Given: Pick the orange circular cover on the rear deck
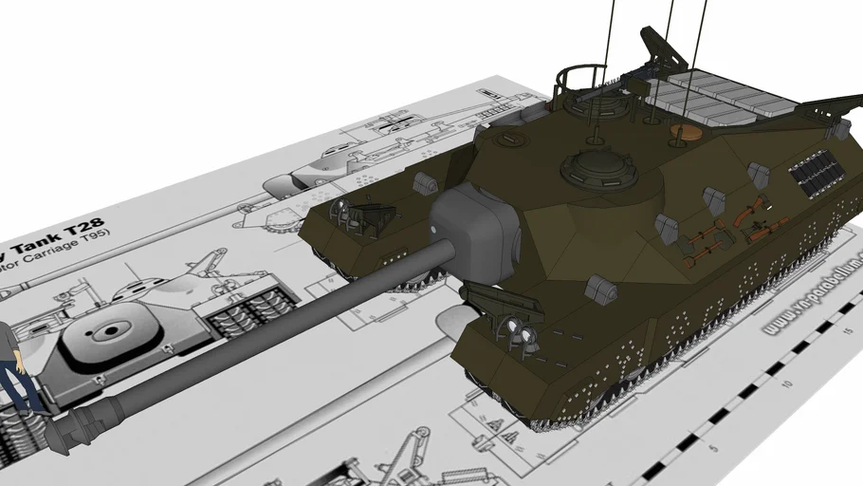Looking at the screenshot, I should (681, 132).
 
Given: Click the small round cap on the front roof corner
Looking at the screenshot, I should (510, 140).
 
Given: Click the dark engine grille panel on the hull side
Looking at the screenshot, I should (816, 171).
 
